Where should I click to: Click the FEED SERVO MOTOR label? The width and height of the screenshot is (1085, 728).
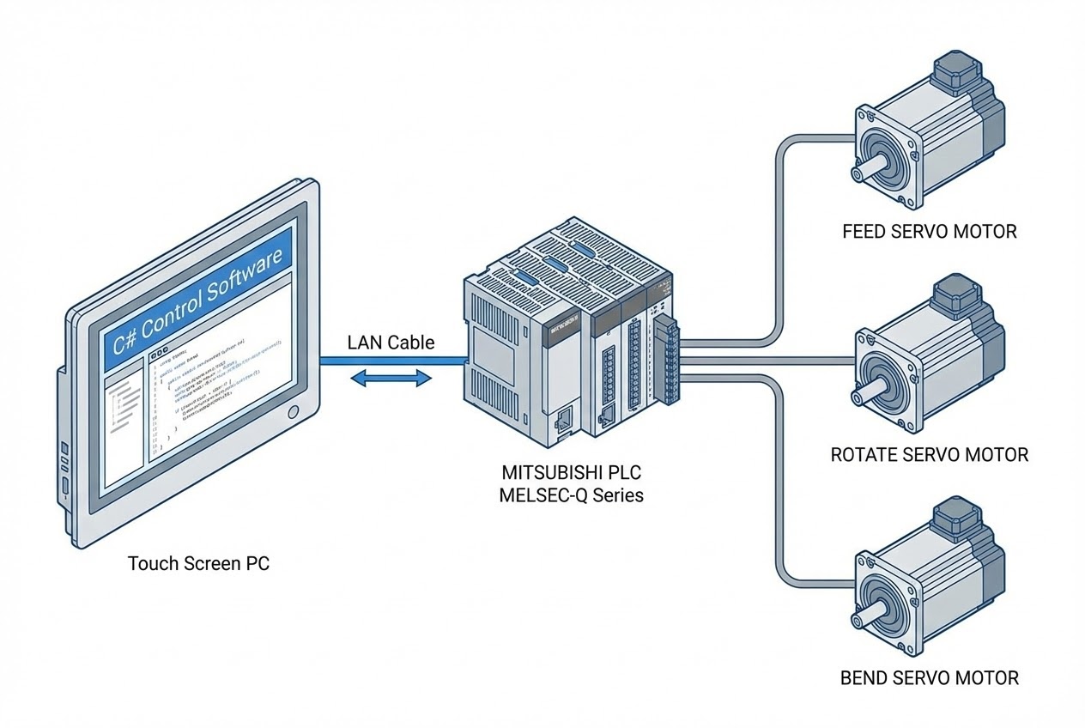pyautogui.click(x=930, y=231)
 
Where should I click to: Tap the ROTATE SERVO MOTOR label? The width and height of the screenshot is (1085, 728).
pyautogui.click(x=930, y=454)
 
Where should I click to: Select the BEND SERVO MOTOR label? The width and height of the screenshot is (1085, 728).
pyautogui.click(x=930, y=677)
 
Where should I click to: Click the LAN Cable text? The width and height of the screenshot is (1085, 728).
pyautogui.click(x=391, y=343)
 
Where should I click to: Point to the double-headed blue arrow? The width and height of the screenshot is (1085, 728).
pyautogui.click(x=391, y=377)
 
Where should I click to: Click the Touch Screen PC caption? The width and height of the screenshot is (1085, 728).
pyautogui.click(x=198, y=564)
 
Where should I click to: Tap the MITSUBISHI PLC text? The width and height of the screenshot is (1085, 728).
pyautogui.click(x=571, y=473)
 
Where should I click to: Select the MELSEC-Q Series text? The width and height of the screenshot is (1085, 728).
pyautogui.click(x=571, y=495)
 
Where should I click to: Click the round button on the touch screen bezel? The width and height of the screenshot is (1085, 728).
pyautogui.click(x=294, y=412)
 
